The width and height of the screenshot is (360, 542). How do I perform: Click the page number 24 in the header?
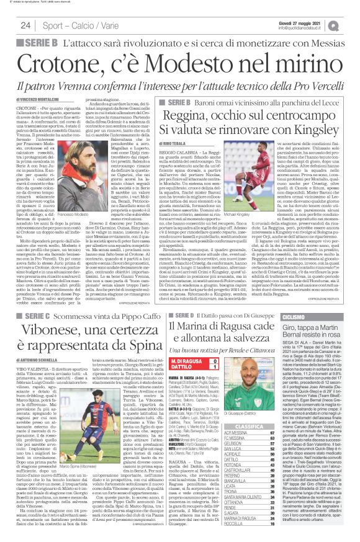pyautogui.click(x=25, y=24)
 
